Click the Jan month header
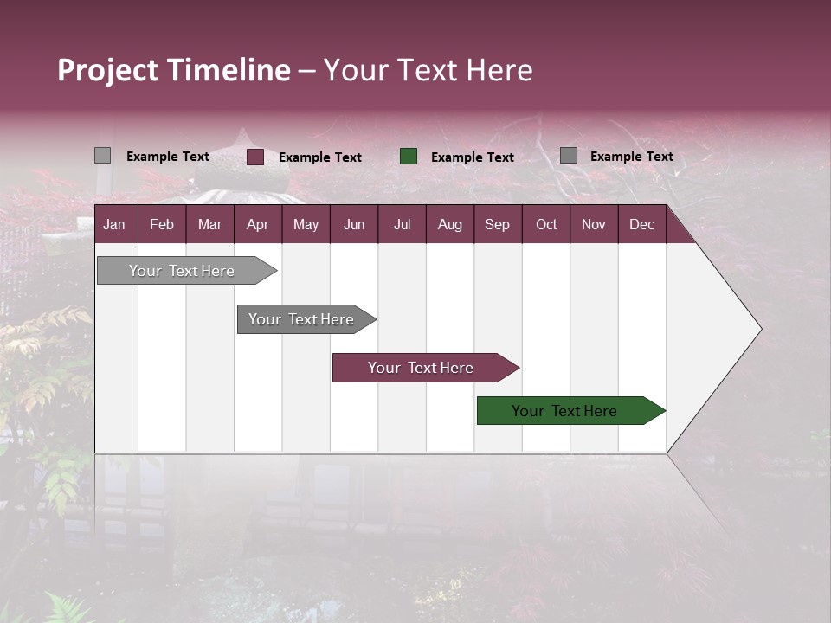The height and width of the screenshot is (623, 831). [114, 225]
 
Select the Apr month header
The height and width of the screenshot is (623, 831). [257, 225]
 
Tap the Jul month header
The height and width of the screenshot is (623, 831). [402, 225]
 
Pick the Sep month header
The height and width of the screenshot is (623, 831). [497, 225]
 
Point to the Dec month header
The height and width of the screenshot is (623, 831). [641, 225]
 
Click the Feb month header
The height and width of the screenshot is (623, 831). [162, 225]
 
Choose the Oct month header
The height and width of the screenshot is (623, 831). [546, 225]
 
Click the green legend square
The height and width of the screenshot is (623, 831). [409, 157]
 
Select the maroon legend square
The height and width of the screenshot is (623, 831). [255, 157]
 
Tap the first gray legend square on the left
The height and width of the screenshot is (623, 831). [102, 156]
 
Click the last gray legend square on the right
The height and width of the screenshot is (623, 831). [569, 156]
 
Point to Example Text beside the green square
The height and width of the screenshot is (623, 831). [472, 157]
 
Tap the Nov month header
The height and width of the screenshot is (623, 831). [594, 225]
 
